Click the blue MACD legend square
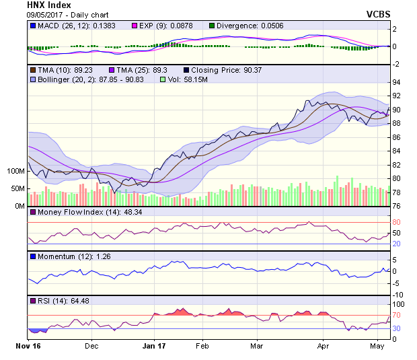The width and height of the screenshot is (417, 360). click(33, 26)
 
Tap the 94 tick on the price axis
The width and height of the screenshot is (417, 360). click(397, 81)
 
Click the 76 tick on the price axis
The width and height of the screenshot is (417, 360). click(397, 207)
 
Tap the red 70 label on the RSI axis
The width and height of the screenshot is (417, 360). click(397, 315)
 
